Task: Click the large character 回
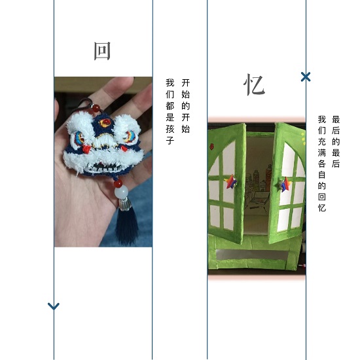click(102, 51)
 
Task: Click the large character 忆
click(254, 84)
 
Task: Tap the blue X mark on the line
click(306, 77)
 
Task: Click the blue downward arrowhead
click(54, 306)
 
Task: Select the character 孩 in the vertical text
click(170, 129)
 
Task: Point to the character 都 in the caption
click(170, 106)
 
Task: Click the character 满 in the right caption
click(322, 153)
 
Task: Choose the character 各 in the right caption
click(322, 164)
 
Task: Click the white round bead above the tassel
click(121, 192)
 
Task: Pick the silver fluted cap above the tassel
click(125, 204)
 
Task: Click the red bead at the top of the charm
click(96, 108)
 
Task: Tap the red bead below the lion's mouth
click(118, 183)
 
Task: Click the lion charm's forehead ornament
click(105, 122)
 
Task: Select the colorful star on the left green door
click(231, 182)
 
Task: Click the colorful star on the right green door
click(285, 185)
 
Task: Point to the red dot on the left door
click(211, 147)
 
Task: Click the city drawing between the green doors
click(259, 188)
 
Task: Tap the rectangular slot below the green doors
click(251, 255)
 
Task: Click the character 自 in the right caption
click(322, 175)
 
